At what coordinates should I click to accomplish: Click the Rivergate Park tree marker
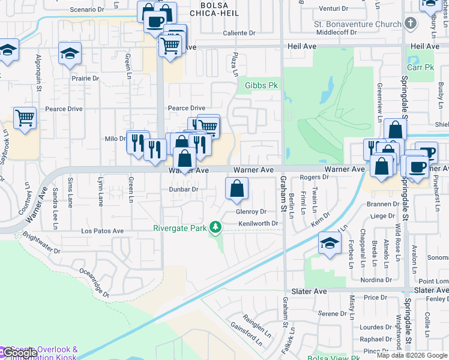point(214,227)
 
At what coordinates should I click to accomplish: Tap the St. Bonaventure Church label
point(357,24)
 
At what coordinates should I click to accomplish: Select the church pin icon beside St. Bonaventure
point(411,24)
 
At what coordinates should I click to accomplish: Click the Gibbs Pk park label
point(261,85)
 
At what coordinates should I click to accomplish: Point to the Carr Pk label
point(420,67)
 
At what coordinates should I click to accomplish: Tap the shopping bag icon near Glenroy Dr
point(237,188)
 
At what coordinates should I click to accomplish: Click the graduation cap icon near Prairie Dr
point(70,54)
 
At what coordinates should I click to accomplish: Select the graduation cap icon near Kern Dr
point(330,243)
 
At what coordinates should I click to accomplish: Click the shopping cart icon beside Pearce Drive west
point(25,118)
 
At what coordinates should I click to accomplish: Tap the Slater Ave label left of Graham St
point(309,291)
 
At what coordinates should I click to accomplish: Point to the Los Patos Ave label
point(102,230)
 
